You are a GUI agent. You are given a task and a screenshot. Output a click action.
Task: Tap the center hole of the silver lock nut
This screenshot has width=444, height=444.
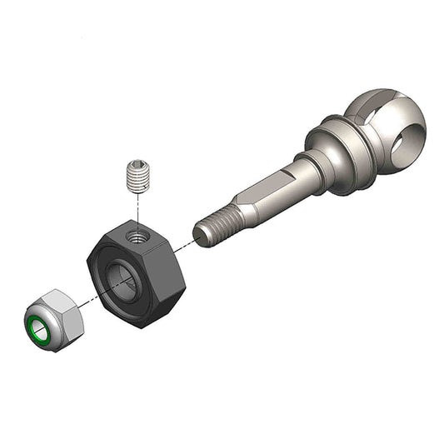coord(38,326)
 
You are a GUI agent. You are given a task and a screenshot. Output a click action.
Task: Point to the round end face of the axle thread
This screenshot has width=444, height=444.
coord(199,232)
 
